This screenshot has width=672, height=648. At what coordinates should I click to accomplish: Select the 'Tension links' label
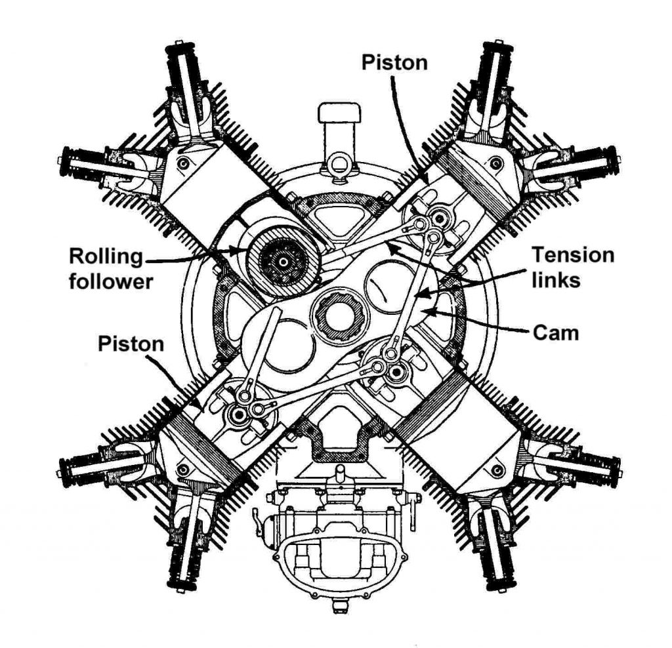click(572, 267)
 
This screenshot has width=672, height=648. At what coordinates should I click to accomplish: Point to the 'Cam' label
click(556, 333)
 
